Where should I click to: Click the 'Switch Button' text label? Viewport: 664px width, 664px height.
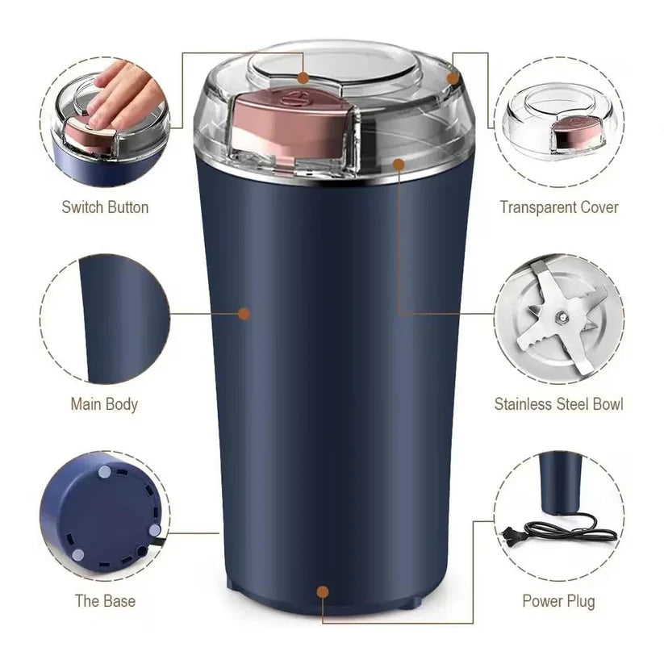(x=105, y=207)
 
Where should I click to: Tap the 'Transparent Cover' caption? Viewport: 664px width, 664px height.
(x=558, y=207)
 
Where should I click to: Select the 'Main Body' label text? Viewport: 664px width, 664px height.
(x=104, y=404)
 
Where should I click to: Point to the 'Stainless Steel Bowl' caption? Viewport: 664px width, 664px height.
(x=558, y=404)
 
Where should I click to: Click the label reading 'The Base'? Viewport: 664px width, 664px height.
(x=105, y=601)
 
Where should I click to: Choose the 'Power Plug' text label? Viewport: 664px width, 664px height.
(x=558, y=601)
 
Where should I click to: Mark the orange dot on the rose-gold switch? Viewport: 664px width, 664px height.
(x=303, y=77)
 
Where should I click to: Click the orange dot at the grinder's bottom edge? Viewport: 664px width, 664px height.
(x=323, y=592)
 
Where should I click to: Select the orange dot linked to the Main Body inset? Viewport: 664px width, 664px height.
(x=244, y=313)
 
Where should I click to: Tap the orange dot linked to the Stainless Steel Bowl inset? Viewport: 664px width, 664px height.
(x=399, y=164)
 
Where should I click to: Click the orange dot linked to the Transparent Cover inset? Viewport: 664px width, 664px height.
(x=453, y=78)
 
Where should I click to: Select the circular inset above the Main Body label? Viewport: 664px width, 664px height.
(x=105, y=319)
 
